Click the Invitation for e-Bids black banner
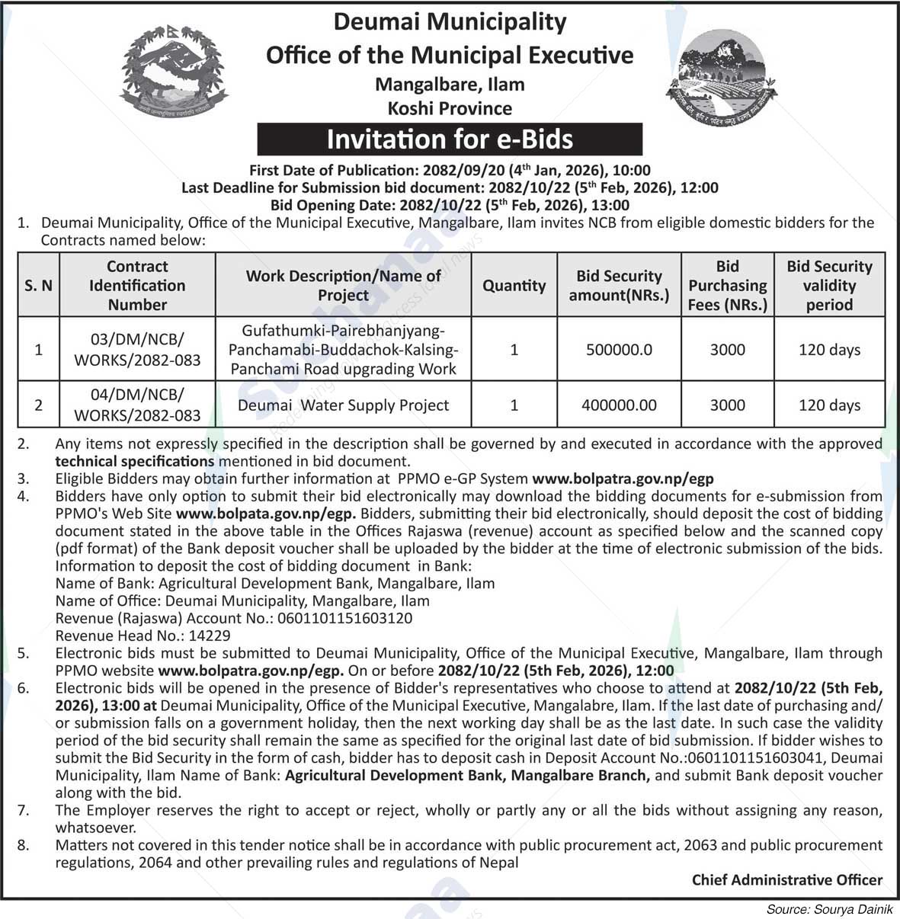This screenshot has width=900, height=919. coord(450,139)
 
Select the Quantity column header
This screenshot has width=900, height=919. coord(514,286)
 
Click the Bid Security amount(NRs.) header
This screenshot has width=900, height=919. coord(619,286)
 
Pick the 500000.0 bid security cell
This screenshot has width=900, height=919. coord(619,351)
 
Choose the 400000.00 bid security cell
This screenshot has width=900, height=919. coord(619,405)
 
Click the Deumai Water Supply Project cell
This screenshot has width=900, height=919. coord(343,405)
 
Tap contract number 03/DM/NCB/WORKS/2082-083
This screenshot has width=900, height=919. coord(137,350)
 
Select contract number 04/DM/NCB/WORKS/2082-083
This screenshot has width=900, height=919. coord(137,405)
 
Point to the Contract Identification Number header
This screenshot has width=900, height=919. coord(137,286)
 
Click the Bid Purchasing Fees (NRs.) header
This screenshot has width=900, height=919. coord(727,286)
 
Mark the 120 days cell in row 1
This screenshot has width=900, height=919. coord(829,351)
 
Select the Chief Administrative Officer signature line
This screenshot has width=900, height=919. coord(786,880)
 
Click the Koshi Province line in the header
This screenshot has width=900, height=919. coord(450,108)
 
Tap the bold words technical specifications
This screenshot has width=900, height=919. coord(134,461)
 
